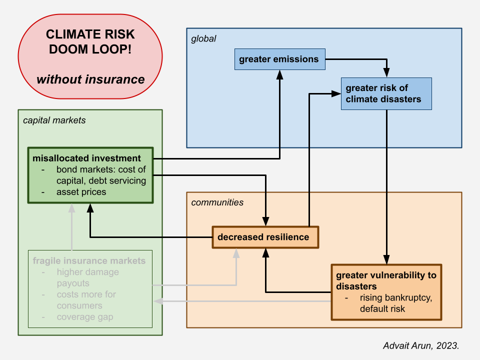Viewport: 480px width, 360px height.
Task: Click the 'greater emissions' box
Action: click(280, 59)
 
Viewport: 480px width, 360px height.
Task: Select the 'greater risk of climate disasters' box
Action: click(386, 93)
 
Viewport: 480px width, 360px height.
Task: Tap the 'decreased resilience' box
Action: click(265, 237)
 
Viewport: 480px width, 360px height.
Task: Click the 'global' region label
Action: click(203, 39)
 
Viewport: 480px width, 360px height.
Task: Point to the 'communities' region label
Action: click(217, 202)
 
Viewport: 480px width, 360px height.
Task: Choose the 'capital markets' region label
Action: click(54, 120)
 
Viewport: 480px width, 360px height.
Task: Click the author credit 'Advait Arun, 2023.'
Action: click(421, 345)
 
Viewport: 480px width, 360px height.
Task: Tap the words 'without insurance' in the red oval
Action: click(90, 79)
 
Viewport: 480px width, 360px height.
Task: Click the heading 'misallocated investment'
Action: click(86, 158)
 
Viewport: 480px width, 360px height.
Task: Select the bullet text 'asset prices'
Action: click(81, 192)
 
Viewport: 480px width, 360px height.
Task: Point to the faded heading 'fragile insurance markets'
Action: click(89, 261)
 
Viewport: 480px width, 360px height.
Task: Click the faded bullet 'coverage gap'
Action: click(85, 317)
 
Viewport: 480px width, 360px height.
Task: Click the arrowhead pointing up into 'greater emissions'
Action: click(280, 74)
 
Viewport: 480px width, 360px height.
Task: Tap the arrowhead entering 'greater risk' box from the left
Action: click(336, 93)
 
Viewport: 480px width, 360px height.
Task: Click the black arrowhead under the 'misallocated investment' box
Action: click(90, 208)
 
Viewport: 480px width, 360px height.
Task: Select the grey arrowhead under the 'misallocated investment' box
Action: click(71, 208)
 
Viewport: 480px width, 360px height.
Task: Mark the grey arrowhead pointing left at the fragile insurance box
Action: click(158, 301)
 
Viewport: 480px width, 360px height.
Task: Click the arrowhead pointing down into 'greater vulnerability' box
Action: click(386, 259)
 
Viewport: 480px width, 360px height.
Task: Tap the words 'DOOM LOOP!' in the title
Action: click(90, 49)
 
